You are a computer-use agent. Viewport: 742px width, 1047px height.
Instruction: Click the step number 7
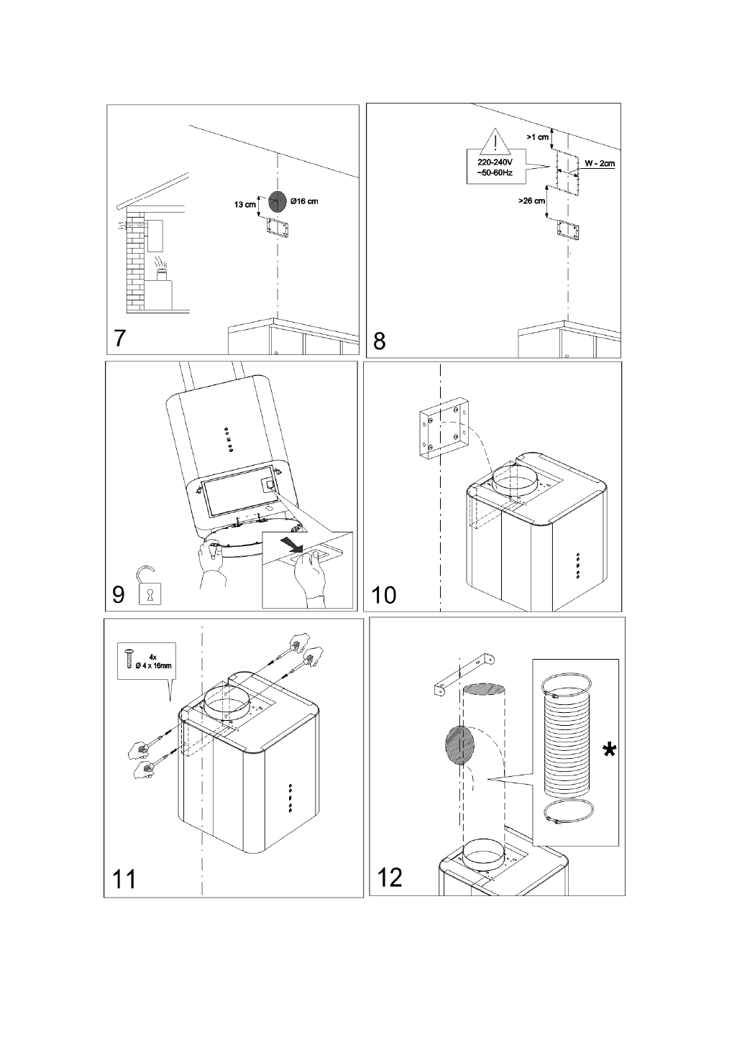coord(122,338)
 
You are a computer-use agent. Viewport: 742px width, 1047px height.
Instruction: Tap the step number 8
coord(380,341)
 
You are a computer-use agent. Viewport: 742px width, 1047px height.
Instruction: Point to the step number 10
coord(384,595)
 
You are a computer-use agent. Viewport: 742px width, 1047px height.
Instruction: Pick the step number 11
coord(124,878)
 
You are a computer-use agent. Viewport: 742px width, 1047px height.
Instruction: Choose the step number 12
coord(389,877)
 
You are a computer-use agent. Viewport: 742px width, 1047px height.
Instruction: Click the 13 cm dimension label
coord(245,205)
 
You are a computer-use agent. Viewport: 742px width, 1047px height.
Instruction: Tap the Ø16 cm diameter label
coord(305,200)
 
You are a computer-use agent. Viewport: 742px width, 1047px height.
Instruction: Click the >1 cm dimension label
coord(537,137)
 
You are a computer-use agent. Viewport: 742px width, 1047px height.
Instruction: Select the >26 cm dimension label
coord(531,202)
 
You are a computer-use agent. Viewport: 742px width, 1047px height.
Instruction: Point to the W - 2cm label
coord(599,164)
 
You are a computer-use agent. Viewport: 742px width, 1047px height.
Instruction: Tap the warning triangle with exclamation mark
coord(495,140)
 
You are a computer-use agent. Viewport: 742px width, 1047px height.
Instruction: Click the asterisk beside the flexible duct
coord(609,751)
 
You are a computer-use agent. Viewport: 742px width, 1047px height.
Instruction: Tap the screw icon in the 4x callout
coord(128,660)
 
